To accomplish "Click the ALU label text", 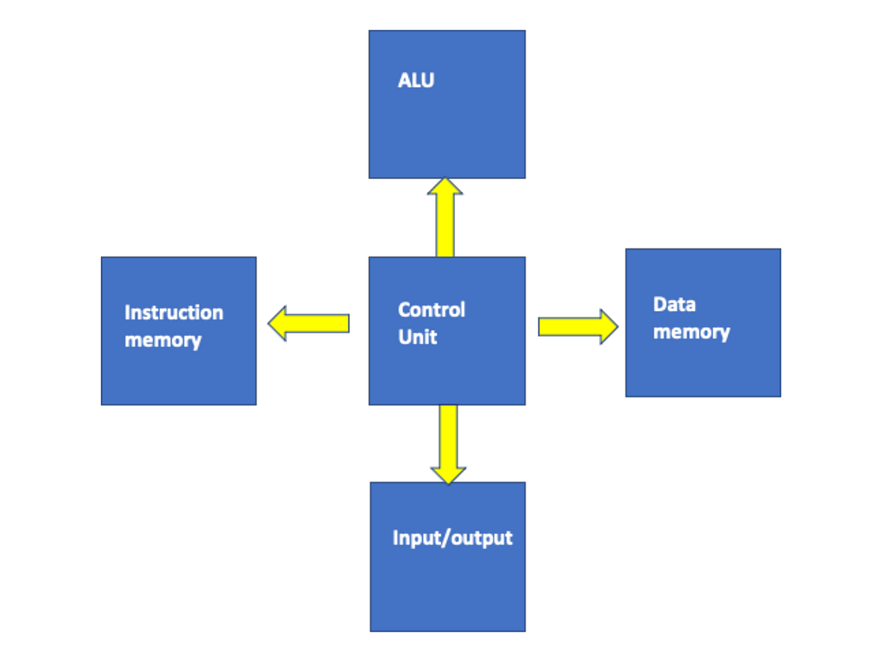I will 416,80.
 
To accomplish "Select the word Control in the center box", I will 431,309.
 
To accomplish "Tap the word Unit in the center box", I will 418,337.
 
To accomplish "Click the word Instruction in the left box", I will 174,313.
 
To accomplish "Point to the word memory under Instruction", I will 162,340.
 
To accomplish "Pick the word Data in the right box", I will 674,305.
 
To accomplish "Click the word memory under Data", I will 691,332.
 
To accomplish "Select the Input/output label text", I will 452,537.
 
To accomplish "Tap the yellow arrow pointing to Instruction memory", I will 312,323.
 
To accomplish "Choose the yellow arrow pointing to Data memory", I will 574,326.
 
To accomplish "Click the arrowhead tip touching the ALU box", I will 445,179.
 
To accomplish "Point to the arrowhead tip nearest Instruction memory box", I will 269,323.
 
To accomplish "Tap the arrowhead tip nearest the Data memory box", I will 617,326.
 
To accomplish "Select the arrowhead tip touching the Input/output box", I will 448,482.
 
